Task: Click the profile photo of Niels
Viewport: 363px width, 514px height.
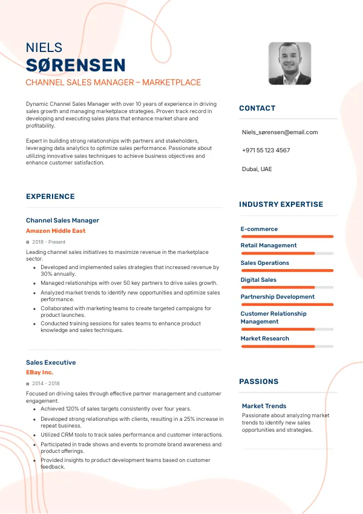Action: tap(290, 63)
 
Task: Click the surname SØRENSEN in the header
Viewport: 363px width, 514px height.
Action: tap(76, 65)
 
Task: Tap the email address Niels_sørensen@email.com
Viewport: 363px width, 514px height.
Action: tap(280, 132)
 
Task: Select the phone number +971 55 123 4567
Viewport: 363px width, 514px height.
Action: tap(266, 150)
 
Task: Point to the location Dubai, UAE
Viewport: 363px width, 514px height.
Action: tap(257, 169)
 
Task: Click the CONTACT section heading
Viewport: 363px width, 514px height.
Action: tap(257, 108)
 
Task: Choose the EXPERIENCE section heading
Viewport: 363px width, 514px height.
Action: tap(50, 197)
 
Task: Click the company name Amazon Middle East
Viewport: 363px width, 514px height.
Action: tap(56, 230)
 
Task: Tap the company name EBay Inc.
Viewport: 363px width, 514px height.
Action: tap(39, 372)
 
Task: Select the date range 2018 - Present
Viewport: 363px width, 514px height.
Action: tap(48, 242)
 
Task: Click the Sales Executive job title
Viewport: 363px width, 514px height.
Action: tap(51, 362)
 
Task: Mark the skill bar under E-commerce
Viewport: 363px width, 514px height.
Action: tap(287, 236)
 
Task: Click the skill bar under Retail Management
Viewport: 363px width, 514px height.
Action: tap(287, 253)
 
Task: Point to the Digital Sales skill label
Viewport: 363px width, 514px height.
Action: tap(258, 279)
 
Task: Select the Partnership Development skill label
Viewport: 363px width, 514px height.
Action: tap(277, 296)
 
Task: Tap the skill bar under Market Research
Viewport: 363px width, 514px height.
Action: tap(287, 346)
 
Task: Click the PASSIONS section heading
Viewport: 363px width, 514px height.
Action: tap(259, 382)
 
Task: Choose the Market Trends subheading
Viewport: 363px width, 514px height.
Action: tap(264, 406)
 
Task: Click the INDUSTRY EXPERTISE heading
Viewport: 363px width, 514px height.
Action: tap(281, 204)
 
